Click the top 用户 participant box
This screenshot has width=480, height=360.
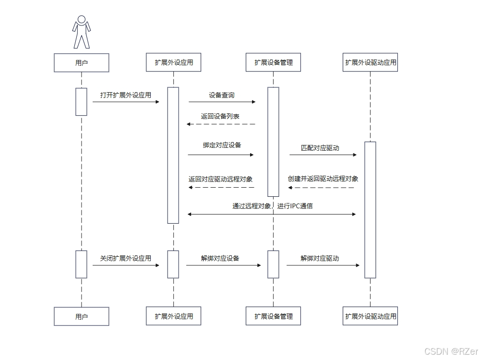click(x=82, y=62)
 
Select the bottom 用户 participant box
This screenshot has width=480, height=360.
click(x=82, y=316)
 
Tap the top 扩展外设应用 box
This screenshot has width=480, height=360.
click(x=173, y=62)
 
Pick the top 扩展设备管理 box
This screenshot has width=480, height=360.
click(x=273, y=62)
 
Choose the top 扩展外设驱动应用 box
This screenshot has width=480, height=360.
click(x=371, y=62)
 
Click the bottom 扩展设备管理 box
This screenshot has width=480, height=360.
click(x=273, y=316)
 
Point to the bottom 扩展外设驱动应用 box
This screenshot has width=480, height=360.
click(x=371, y=316)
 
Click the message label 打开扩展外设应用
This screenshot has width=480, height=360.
click(x=126, y=95)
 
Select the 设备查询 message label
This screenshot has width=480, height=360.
click(x=222, y=95)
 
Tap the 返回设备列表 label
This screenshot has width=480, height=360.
click(x=220, y=117)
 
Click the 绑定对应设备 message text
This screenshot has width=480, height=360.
click(x=222, y=145)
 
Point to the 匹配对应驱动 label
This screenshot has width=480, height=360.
click(x=320, y=148)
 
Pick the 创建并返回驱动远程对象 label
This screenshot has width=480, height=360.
click(x=323, y=179)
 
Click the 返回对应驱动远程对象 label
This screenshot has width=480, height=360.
click(x=221, y=179)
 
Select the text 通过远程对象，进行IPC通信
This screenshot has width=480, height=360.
click(x=273, y=206)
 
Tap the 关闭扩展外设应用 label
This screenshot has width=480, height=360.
click(x=126, y=258)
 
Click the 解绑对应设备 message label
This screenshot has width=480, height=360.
click(x=220, y=258)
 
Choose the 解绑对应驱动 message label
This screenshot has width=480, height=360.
click(x=320, y=258)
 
